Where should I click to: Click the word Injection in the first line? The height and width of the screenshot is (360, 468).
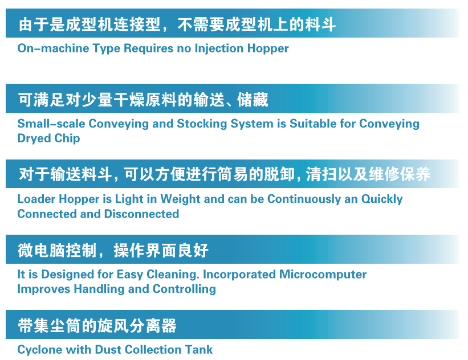tap(219, 48)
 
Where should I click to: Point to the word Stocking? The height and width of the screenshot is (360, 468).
tap(202, 124)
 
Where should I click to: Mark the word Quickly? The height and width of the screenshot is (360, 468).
tap(382, 199)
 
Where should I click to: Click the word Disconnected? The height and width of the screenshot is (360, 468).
tap(142, 214)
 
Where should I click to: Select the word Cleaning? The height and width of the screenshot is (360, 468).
tap(173, 275)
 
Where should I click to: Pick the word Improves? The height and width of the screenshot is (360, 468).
tap(43, 289)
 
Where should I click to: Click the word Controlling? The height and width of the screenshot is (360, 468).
tap(184, 289)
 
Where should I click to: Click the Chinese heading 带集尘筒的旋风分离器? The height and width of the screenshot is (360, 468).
tap(97, 325)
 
